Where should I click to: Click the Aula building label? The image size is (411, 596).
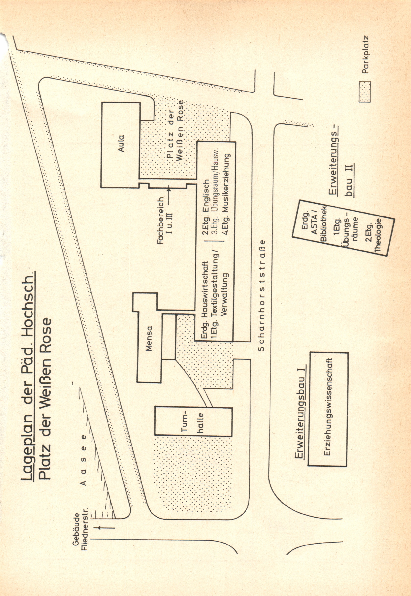click(x=121, y=143)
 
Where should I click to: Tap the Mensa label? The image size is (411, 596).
click(x=149, y=338)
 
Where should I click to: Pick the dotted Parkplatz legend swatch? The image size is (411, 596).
click(x=365, y=92)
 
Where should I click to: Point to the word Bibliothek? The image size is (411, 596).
click(x=323, y=223)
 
